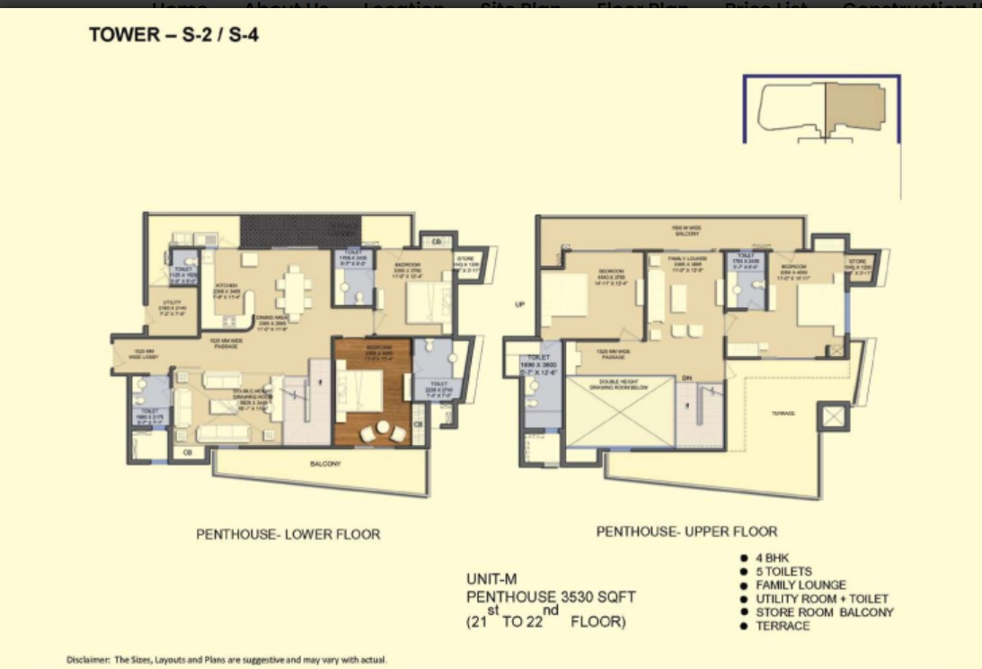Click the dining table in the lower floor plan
(294, 290)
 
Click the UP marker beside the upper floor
(518, 304)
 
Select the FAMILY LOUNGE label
(687, 258)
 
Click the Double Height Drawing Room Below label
(620, 384)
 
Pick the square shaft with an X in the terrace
(833, 417)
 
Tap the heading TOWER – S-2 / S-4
(174, 37)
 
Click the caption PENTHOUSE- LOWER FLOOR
(288, 534)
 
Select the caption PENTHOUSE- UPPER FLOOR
(686, 531)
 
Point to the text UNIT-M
(491, 579)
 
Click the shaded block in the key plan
(854, 106)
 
